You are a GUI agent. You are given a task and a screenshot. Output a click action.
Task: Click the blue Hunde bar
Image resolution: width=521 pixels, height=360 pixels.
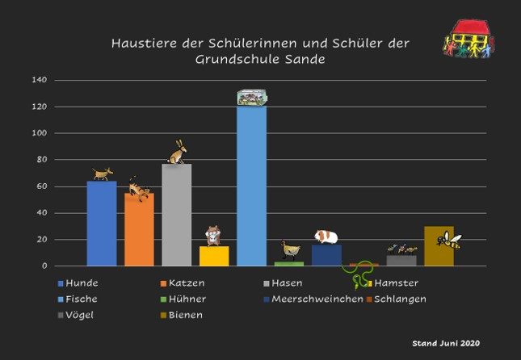click(x=102, y=224)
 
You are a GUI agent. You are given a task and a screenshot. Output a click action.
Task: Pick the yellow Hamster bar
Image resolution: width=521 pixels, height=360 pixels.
click(x=214, y=256)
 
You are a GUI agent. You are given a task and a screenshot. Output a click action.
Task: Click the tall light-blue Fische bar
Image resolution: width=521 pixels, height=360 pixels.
click(x=251, y=186)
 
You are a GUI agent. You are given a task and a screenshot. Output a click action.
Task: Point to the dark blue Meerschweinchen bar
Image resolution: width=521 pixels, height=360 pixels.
click(x=326, y=256)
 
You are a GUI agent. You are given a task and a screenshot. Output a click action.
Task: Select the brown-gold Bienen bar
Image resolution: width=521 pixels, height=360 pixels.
click(x=439, y=252)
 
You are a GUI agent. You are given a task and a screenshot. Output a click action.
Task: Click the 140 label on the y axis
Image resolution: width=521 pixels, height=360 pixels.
click(x=40, y=80)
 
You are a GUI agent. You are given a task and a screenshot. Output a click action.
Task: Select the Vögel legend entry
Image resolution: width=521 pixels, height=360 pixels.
click(x=80, y=315)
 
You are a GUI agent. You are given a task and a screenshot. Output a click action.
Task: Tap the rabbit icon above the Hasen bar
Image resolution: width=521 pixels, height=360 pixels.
click(x=178, y=152)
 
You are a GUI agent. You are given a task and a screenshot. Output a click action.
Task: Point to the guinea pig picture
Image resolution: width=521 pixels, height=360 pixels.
click(x=326, y=236)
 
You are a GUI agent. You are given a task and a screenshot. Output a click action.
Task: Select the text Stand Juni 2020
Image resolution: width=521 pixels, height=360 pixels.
click(x=446, y=343)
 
